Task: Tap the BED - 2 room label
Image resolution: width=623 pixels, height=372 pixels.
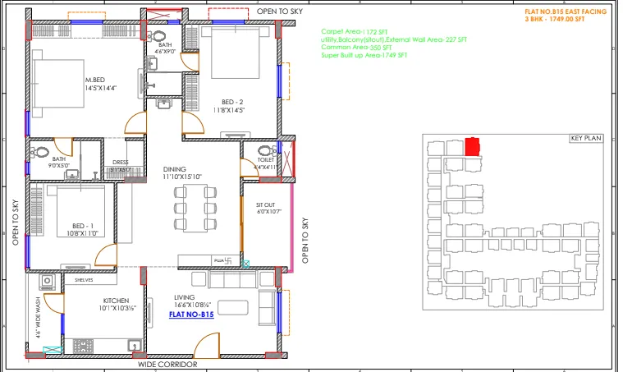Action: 230,101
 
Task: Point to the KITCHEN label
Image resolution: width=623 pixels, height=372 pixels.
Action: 116,301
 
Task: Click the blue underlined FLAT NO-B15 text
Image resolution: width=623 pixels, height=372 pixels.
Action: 191,314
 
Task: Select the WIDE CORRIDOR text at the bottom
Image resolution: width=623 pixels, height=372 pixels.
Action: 167,363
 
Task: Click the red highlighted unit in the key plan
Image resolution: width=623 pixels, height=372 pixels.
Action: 472,147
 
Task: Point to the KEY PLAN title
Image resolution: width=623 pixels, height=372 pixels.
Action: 585,139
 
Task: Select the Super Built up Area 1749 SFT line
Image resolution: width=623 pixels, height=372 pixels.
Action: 364,56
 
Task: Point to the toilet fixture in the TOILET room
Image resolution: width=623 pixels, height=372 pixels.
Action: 265,152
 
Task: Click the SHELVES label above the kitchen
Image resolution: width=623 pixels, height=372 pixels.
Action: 84,279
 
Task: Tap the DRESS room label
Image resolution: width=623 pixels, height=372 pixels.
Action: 120,163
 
